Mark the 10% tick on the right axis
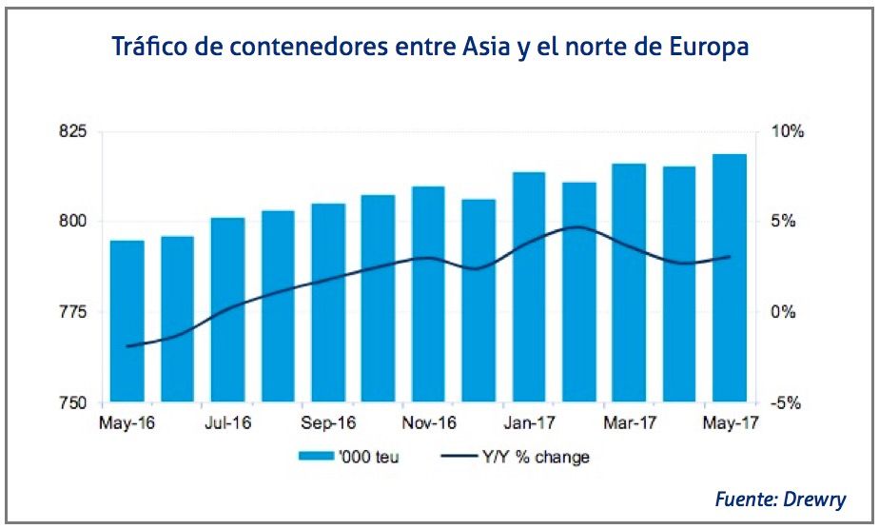coord(786,131)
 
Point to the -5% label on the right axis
coord(786,403)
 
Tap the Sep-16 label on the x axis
coord(328,423)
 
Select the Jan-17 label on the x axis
coord(529,423)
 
